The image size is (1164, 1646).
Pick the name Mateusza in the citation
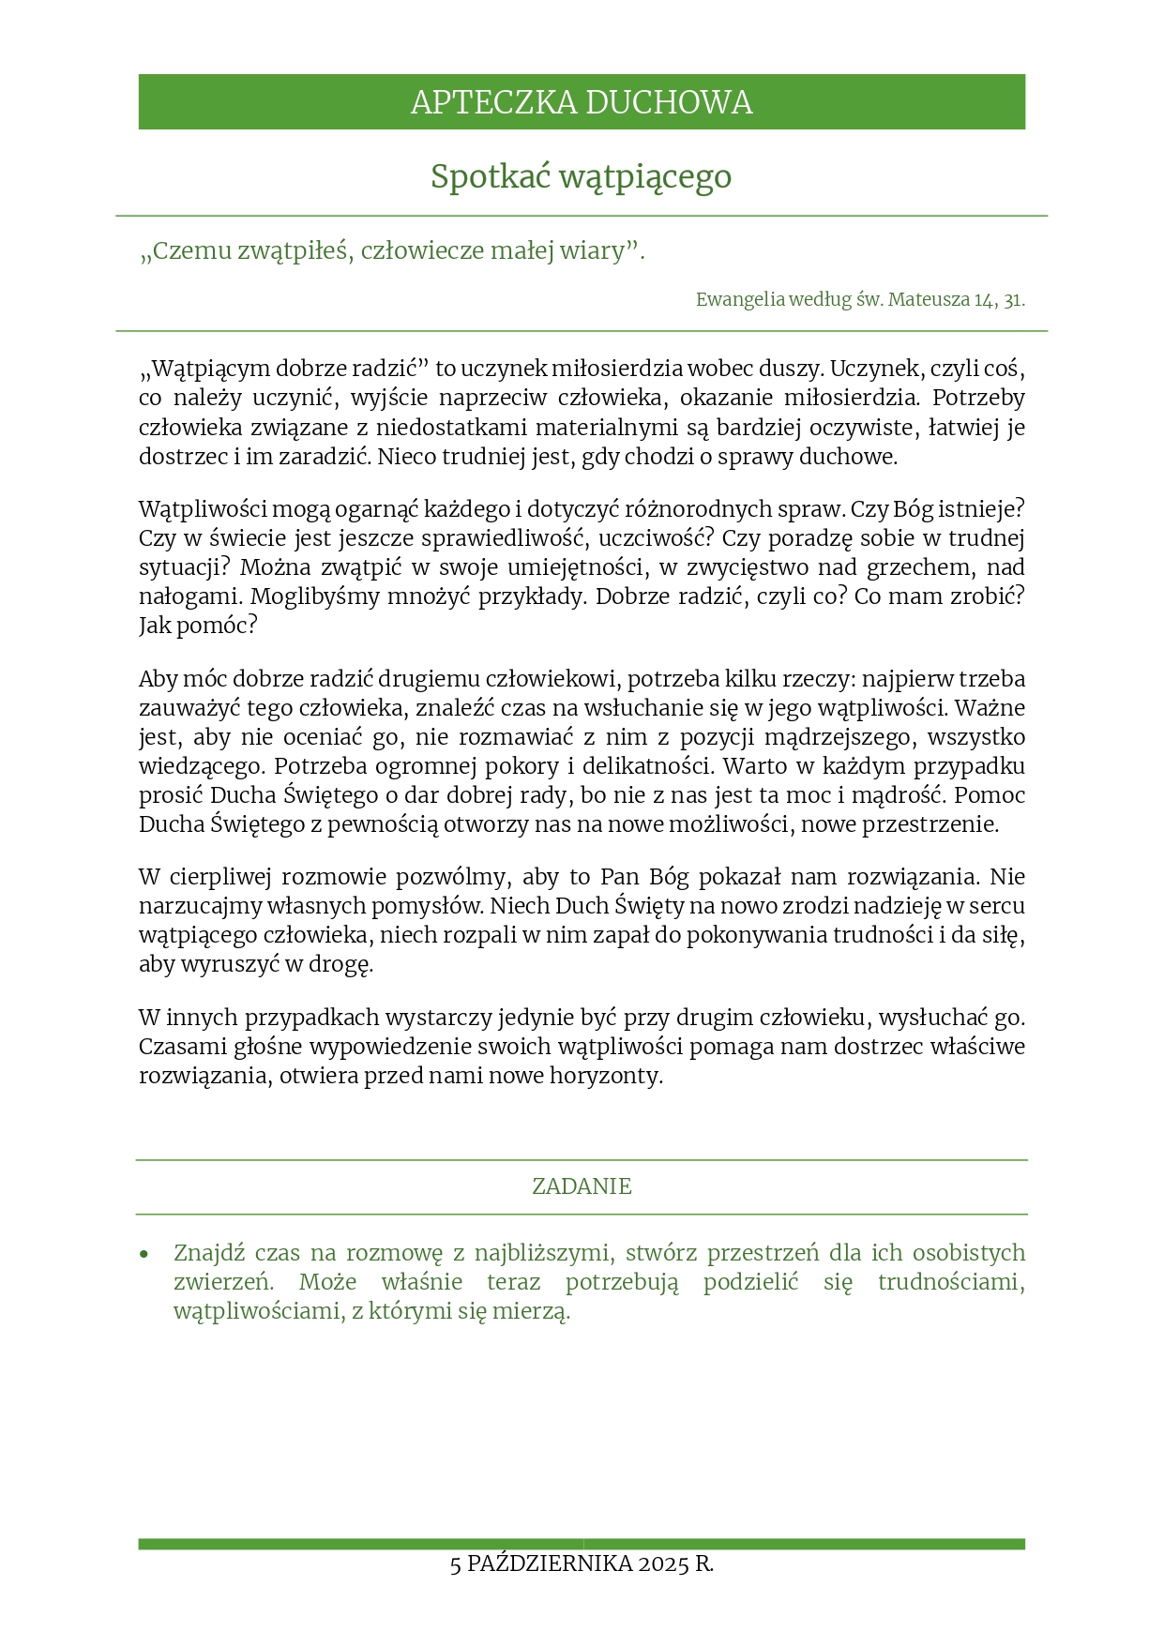tap(929, 300)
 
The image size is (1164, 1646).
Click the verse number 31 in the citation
tap(1013, 300)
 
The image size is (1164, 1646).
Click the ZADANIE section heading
tap(582, 1186)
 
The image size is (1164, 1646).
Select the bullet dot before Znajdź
tap(144, 1254)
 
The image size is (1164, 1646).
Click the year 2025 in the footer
tap(664, 1564)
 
